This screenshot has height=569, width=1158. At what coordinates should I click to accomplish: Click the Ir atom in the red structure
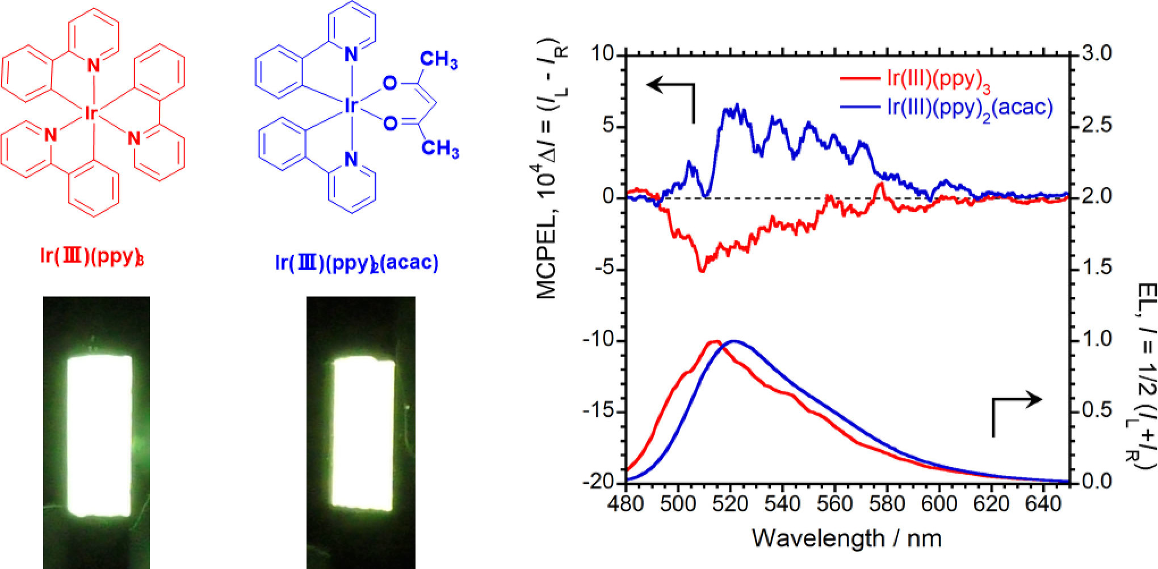(90, 114)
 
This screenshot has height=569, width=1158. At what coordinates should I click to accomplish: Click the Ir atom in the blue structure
(351, 105)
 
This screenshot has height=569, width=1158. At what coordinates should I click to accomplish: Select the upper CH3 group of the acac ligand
(439, 60)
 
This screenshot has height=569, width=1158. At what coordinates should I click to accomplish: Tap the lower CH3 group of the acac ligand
(440, 149)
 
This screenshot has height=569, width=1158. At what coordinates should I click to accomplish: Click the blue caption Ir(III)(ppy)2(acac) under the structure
(356, 263)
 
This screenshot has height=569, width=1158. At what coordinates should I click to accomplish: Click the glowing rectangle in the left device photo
(100, 436)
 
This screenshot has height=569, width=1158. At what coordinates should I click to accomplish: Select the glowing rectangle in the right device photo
(363, 433)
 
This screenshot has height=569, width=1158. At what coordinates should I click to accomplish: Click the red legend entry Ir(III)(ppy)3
(938, 80)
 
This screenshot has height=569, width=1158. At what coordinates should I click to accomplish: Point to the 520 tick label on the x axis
(730, 504)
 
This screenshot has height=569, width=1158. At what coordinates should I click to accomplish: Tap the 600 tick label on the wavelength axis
(939, 504)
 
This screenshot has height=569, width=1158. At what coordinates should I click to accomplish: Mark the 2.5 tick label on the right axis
(1097, 125)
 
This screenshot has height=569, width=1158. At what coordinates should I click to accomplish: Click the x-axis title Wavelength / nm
(846, 538)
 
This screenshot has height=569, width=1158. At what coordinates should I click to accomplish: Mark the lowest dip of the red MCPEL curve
(702, 270)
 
